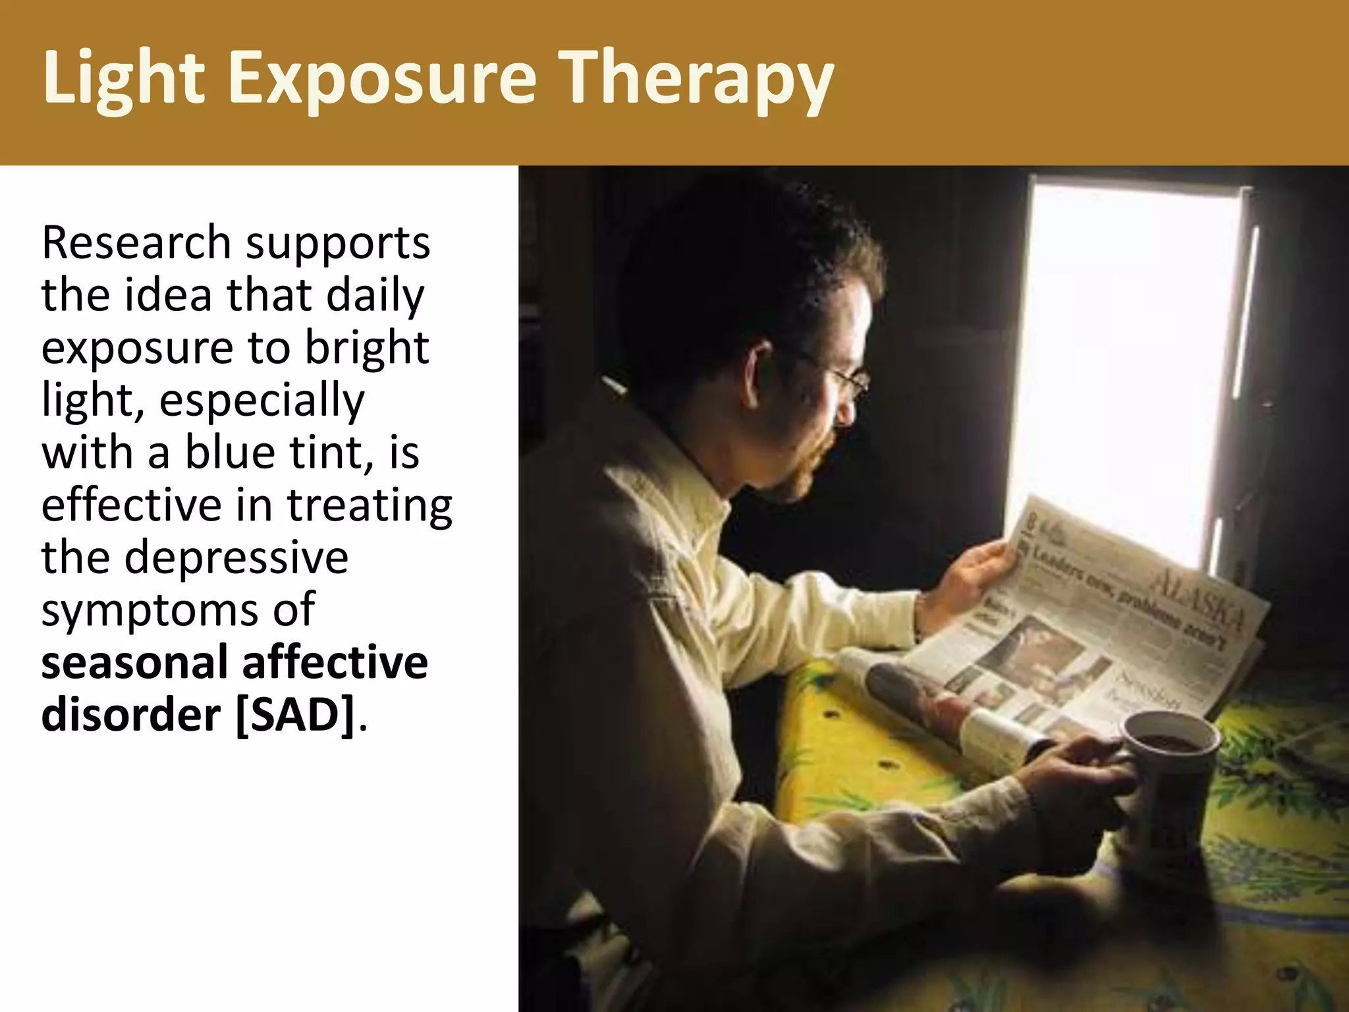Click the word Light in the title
124,79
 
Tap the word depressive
236,557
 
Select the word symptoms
149,610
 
